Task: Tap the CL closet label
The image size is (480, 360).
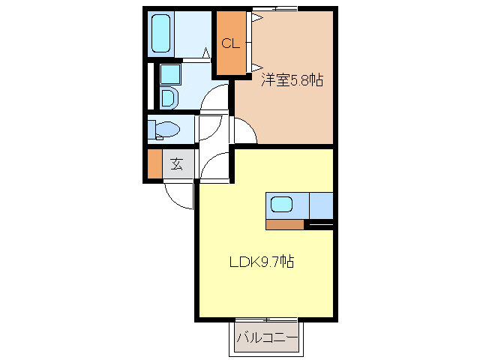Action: click(230, 43)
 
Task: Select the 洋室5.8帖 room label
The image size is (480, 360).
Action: click(292, 80)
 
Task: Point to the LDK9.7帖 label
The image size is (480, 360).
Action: click(261, 262)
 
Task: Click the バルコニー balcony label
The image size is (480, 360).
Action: click(267, 338)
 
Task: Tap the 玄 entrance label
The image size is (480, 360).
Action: click(177, 164)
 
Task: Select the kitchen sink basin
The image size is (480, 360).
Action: click(282, 204)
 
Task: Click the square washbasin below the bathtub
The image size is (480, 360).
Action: click(170, 73)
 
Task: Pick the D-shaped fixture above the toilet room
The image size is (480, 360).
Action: click(167, 97)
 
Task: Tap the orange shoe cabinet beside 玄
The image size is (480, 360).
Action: click(154, 165)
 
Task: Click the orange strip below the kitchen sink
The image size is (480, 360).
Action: click(284, 223)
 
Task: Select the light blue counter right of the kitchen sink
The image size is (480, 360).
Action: click(321, 205)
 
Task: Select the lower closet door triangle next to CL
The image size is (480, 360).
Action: click(255, 66)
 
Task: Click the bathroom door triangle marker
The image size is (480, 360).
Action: click(205, 52)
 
